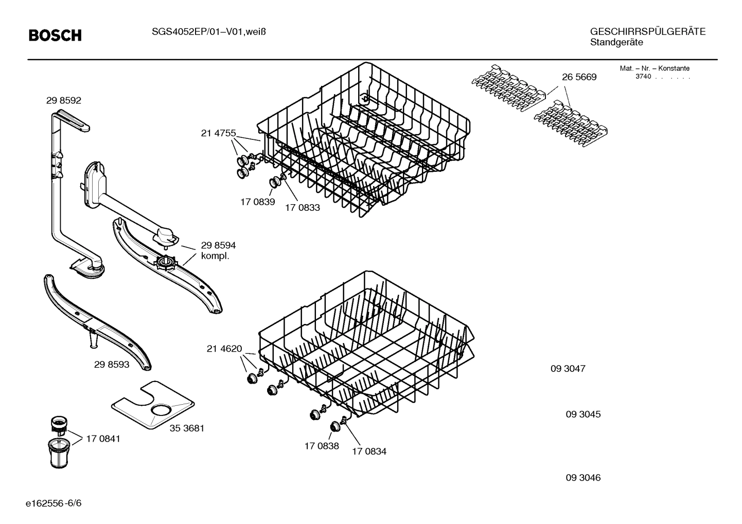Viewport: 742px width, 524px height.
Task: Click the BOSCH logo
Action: pos(55,35)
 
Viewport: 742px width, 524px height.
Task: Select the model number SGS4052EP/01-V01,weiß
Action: pos(208,32)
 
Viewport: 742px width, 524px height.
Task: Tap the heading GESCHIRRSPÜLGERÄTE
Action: pos(648,32)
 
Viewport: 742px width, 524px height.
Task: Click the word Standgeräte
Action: pos(616,43)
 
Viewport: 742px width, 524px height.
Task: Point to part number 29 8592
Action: pos(64,101)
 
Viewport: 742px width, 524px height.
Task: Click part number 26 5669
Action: pos(579,77)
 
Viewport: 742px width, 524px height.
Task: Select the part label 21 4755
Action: pos(218,134)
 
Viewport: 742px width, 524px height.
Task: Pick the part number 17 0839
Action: pos(257,202)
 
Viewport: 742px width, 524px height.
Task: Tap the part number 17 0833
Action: pos(303,208)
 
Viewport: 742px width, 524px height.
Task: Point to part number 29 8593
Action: pos(112,365)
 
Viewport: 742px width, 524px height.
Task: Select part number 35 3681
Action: pos(187,428)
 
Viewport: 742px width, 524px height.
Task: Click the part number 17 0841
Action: pos(103,439)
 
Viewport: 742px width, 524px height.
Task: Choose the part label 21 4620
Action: pos(224,349)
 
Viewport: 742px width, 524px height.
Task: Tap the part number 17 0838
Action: pos(322,446)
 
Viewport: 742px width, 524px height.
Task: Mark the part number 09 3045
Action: pos(583,414)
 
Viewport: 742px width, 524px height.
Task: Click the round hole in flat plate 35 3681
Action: pos(162,410)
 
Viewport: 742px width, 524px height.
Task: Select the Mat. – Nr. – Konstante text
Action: pos(655,68)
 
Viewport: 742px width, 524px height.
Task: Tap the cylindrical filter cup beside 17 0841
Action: pos(59,451)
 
